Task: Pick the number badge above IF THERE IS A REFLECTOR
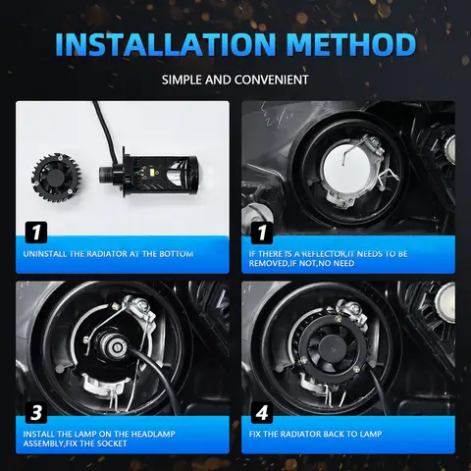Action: point(260,233)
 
